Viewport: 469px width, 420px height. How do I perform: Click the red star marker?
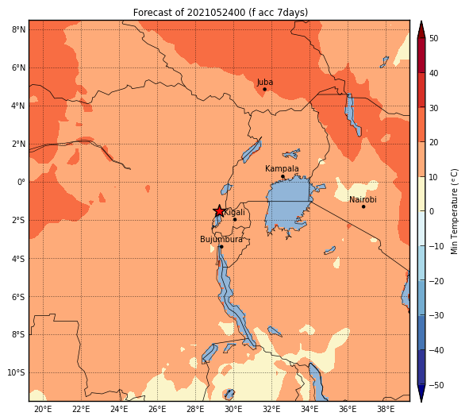pyautogui.click(x=219, y=211)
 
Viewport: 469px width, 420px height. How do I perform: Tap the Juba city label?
pyautogui.click(x=265, y=82)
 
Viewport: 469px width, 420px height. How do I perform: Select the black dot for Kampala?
pyautogui.click(x=283, y=176)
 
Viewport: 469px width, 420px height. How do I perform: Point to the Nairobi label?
pyautogui.click(x=363, y=199)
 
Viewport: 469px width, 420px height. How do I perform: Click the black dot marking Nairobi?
pyautogui.click(x=363, y=206)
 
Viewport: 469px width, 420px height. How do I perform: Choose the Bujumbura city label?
pyautogui.click(x=221, y=239)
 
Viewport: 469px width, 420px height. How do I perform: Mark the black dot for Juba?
pyautogui.click(x=264, y=89)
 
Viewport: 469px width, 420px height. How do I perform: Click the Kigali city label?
pyautogui.click(x=235, y=213)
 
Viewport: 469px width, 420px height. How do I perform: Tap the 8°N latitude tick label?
pyautogui.click(x=18, y=29)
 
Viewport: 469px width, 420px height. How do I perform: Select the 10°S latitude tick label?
pyautogui.click(x=16, y=372)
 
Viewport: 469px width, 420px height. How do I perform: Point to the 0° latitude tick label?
pyautogui.click(x=21, y=182)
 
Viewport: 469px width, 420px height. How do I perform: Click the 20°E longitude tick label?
pyautogui.click(x=43, y=409)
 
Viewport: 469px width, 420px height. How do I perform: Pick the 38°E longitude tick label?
pyautogui.click(x=386, y=409)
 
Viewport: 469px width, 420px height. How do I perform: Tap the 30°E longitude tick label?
pyautogui.click(x=233, y=409)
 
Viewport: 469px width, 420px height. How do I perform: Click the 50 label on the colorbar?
pyautogui.click(x=434, y=38)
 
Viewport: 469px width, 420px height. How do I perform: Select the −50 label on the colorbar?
pyautogui.click(x=436, y=385)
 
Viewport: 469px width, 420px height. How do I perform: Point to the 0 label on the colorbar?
pyautogui.click(x=432, y=211)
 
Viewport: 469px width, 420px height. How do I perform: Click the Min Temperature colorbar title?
pyautogui.click(x=454, y=211)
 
